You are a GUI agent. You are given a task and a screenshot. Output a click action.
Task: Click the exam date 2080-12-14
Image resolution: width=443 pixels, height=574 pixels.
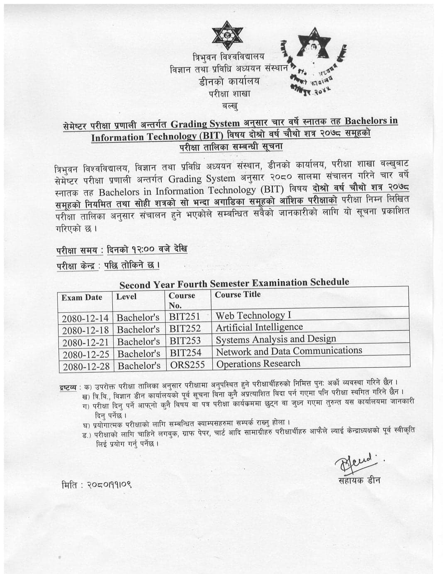pyautogui.click(x=85, y=318)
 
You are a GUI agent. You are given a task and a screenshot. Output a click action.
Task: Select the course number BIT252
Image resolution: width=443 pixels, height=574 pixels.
pyautogui.click(x=185, y=329)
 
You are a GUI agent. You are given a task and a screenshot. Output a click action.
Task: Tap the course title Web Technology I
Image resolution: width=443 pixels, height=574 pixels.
pyautogui.click(x=253, y=315)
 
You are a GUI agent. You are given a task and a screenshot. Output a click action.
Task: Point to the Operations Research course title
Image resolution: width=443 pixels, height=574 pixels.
pyautogui.click(x=258, y=364)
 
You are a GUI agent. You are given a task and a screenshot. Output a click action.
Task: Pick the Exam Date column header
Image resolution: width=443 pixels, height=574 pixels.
pyautogui.click(x=82, y=297)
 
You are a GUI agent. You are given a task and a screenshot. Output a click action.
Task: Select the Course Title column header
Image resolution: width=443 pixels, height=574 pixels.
pyautogui.click(x=238, y=294)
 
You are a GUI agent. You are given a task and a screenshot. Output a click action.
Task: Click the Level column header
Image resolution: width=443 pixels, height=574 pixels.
pyautogui.click(x=126, y=297)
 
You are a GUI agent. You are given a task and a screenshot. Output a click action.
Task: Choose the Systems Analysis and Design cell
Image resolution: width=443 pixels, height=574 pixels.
pyautogui.click(x=276, y=339)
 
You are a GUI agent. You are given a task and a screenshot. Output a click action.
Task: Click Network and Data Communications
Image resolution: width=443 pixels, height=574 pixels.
pyautogui.click(x=289, y=351)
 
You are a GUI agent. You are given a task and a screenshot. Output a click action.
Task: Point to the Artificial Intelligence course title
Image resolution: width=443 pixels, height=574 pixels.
pyautogui.click(x=259, y=327)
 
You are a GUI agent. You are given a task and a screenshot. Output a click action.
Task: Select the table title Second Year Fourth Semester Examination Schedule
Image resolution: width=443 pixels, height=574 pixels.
pyautogui.click(x=234, y=283)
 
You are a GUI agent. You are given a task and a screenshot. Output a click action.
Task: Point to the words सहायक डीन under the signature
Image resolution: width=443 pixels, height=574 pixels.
pyautogui.click(x=359, y=481)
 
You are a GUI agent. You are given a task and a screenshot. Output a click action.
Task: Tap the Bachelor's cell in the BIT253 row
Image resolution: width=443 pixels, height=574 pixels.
pyautogui.click(x=138, y=342)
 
